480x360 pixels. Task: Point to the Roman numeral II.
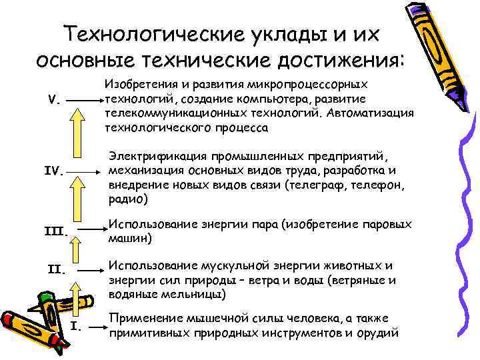point(57,271)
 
